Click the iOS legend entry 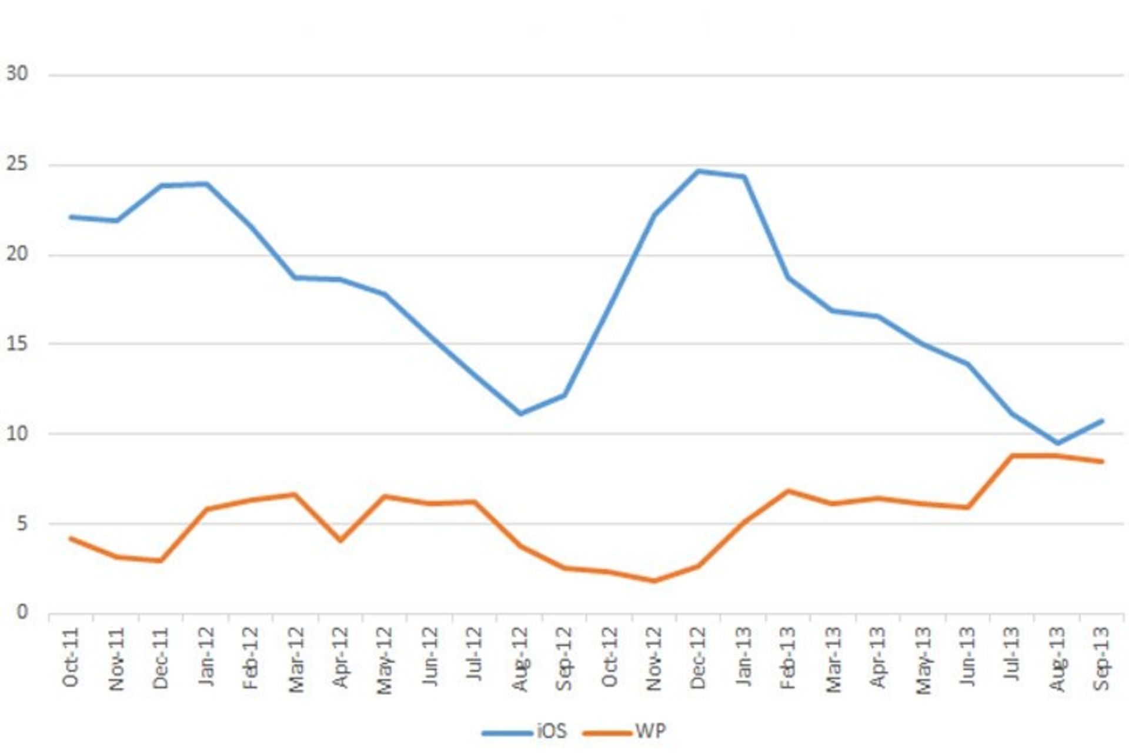[551, 731]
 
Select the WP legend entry [650, 731]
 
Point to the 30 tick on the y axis [17, 74]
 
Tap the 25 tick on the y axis [17, 164]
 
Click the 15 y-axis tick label [17, 344]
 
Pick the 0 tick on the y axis [22, 612]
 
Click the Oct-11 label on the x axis [71, 657]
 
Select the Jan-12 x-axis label [206, 657]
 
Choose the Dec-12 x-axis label [698, 658]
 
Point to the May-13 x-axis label [923, 660]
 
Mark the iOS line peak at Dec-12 [698, 171]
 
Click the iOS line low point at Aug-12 [520, 414]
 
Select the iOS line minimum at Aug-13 [1057, 442]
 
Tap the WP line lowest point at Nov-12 [654, 581]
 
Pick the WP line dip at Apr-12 [340, 540]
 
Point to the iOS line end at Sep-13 [1101, 421]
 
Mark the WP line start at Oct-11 [71, 538]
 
